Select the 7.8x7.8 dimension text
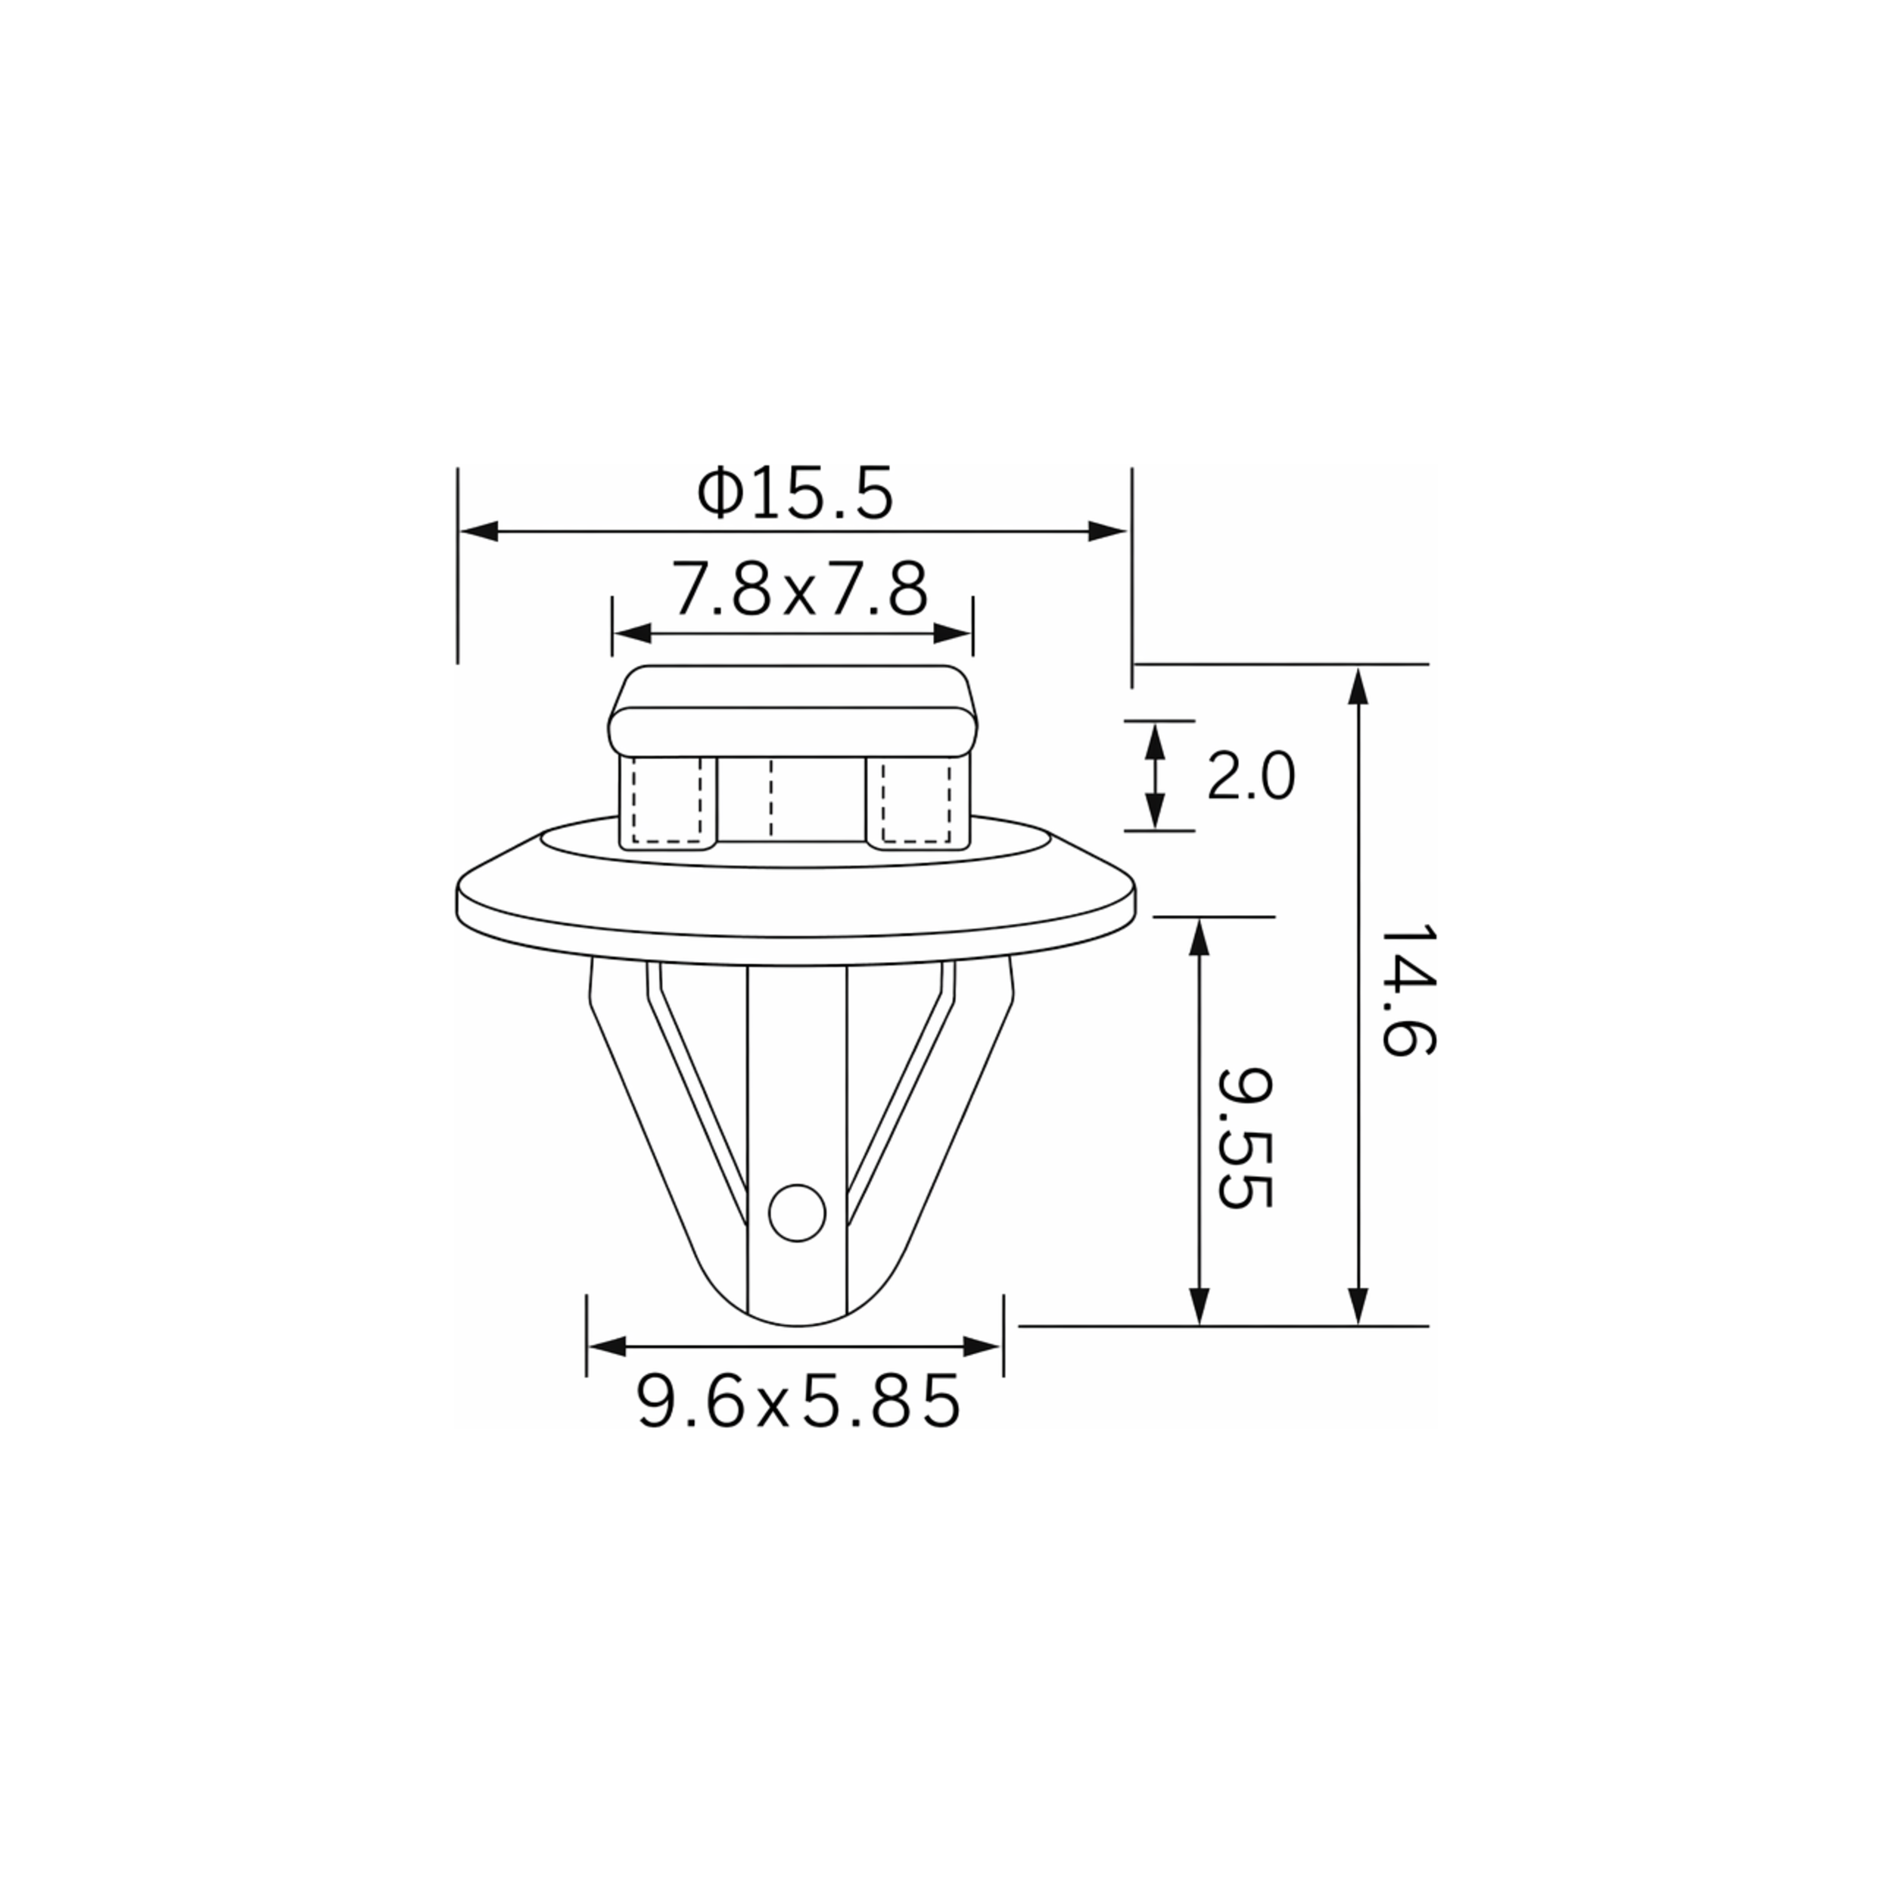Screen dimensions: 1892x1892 (799, 590)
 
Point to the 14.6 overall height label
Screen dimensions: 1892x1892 (1407, 989)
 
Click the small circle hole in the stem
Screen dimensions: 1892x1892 (797, 1213)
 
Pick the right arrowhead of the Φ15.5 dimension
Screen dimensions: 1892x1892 (1109, 532)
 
